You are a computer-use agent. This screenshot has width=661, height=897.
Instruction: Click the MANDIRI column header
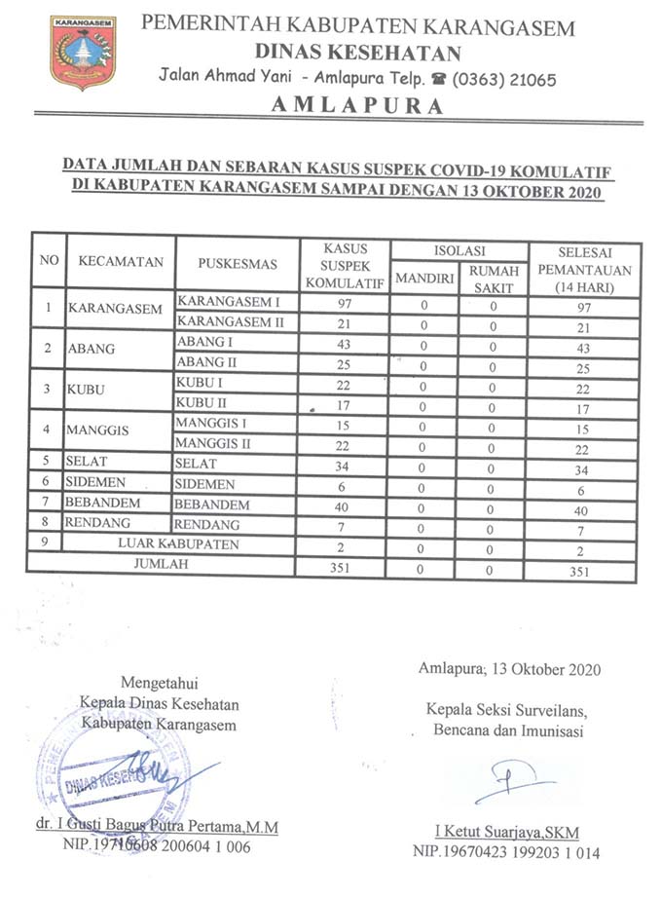pos(423,278)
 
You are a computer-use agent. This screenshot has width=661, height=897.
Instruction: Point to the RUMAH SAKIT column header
pos(494,278)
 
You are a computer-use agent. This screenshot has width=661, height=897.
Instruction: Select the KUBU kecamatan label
pos(87,392)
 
